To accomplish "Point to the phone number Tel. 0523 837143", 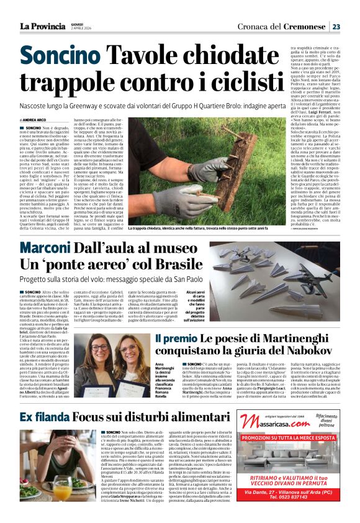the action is [x=289, y=515].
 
